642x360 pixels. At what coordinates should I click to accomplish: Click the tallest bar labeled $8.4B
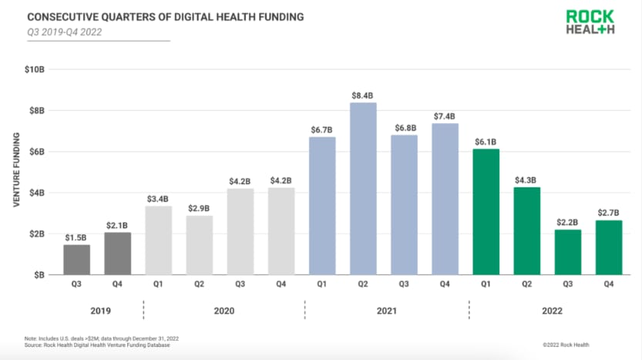coord(364,188)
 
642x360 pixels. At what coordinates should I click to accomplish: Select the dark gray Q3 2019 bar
coord(76,259)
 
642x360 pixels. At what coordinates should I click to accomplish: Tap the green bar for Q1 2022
coord(486,211)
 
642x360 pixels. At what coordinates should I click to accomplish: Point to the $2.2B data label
coord(568,221)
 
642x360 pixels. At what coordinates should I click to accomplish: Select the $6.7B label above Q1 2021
coord(323,129)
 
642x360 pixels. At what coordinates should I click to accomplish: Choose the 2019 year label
coord(97,311)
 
